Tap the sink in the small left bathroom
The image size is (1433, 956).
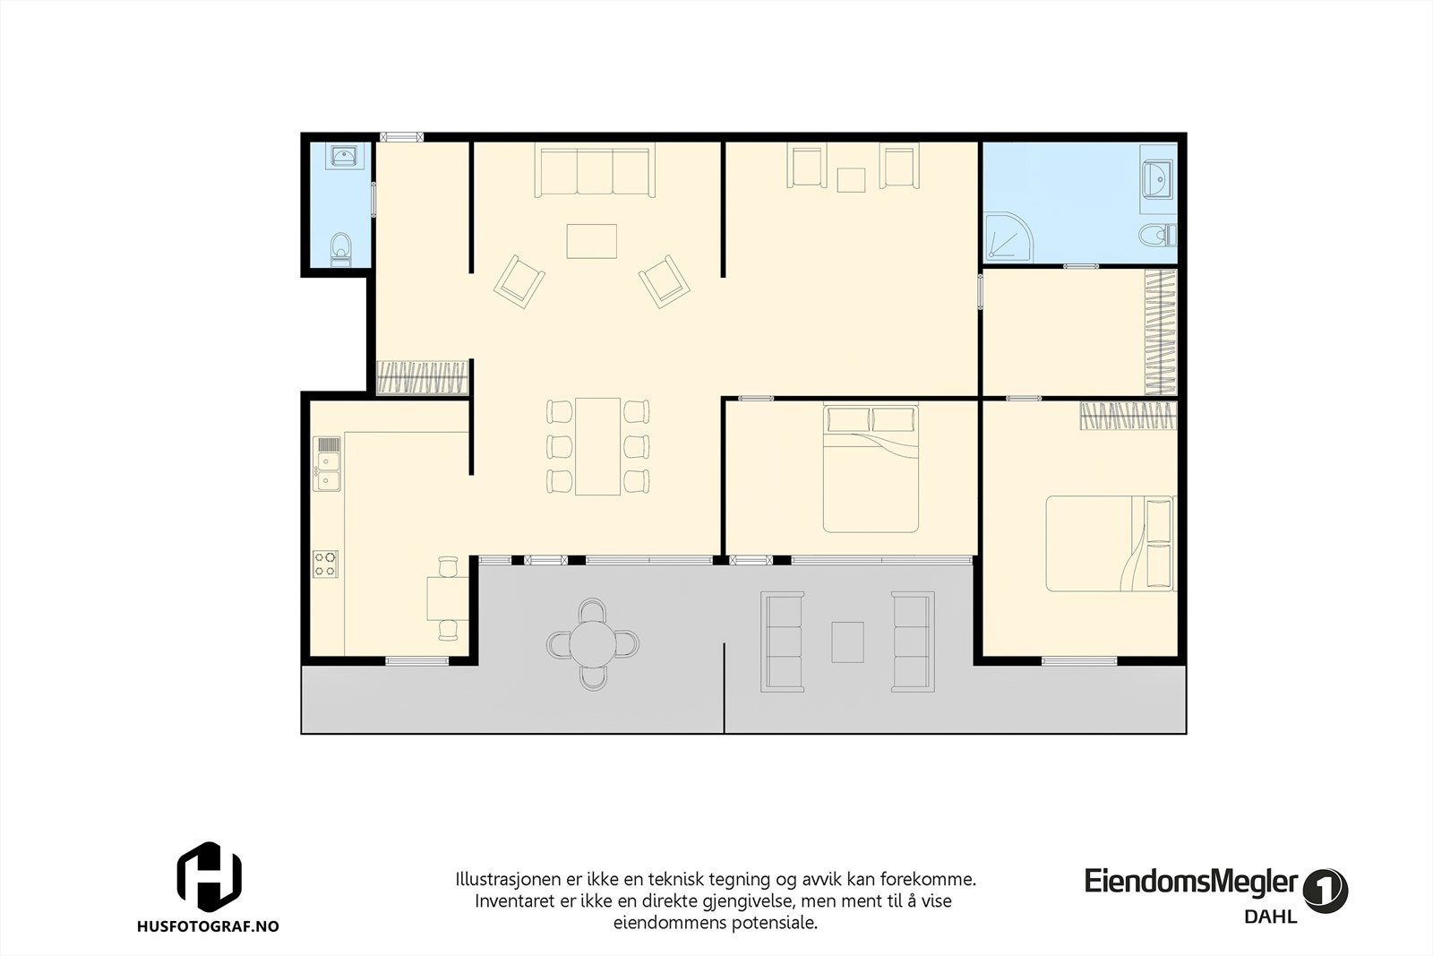click(344, 158)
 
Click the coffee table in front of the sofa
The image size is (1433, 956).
click(592, 240)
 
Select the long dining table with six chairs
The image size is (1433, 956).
click(597, 445)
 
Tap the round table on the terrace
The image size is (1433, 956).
click(593, 642)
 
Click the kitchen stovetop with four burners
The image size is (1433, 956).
click(325, 563)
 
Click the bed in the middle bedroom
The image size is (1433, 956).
click(871, 468)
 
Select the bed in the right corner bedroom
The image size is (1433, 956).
click(1111, 543)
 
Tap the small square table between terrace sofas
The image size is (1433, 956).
click(847, 642)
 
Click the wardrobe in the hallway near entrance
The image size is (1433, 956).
click(423, 377)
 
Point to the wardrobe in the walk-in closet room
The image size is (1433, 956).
click(1161, 332)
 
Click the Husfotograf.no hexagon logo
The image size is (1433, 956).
click(209, 875)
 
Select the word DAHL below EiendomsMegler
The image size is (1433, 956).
click(1270, 917)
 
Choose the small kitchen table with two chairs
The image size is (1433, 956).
click(446, 598)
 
